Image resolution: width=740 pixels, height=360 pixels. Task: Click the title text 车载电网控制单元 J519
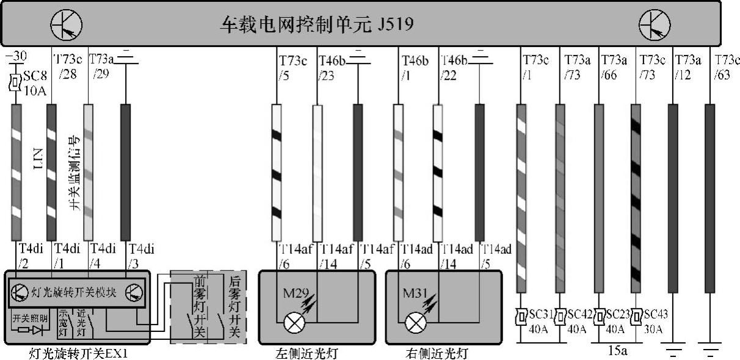point(317,25)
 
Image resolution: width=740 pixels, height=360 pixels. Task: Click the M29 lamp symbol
point(294,322)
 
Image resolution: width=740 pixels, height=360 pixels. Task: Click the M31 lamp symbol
point(417,322)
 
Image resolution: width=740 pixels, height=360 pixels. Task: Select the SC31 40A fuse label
point(538,321)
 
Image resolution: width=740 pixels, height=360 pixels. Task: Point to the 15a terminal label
point(617,351)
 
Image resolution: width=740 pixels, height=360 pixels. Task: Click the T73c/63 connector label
point(726,67)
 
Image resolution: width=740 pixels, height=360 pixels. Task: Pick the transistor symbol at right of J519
point(654,25)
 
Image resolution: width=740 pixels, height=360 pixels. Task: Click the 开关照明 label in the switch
point(29,318)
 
